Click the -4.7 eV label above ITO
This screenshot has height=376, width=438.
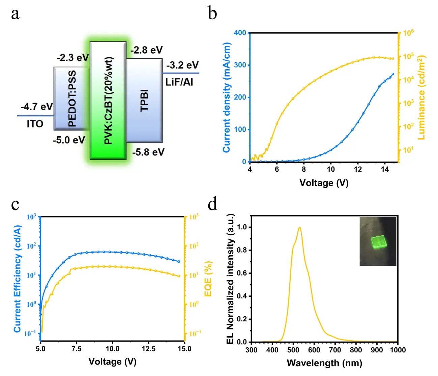click(37, 107)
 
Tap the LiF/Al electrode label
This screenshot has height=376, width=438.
click(179, 82)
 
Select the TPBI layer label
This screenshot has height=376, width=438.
click(144, 100)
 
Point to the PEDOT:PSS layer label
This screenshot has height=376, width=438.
click(72, 98)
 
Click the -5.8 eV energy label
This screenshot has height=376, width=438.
click(148, 152)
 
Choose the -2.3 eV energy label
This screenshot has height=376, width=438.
click(73, 58)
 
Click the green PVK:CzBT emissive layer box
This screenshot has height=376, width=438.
click(108, 100)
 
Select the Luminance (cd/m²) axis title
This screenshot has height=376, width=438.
click(422, 97)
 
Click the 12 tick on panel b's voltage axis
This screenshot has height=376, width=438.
click(358, 169)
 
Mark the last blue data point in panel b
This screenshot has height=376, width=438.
click(393, 74)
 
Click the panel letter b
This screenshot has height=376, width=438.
click(212, 13)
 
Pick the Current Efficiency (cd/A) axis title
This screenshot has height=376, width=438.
click(18, 279)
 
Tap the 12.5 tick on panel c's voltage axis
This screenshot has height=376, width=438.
click(149, 349)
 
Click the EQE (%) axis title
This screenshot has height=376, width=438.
click(208, 279)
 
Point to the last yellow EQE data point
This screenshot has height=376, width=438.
click(179, 276)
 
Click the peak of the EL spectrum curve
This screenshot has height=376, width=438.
click(299, 227)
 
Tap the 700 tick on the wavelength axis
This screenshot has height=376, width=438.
click(335, 350)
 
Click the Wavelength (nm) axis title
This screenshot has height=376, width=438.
click(324, 363)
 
